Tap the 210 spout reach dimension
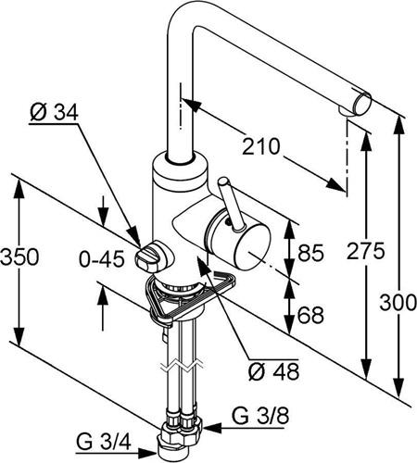pyautogui.click(x=260, y=146)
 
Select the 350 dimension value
pyautogui.click(x=19, y=257)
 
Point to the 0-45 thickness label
pyautogui.click(x=102, y=258)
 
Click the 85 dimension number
pyautogui.click(x=311, y=253)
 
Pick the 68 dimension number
pyautogui.click(x=310, y=315)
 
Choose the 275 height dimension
pyautogui.click(x=365, y=251)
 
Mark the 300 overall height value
pyautogui.click(x=398, y=303)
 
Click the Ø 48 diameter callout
pyautogui.click(x=273, y=370)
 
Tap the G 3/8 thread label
pyautogui.click(x=260, y=416)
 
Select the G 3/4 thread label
pyautogui.click(x=104, y=443)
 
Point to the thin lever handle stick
pyautogui.click(x=231, y=204)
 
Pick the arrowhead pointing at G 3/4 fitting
pyautogui.click(x=147, y=453)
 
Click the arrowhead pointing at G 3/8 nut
pyautogui.click(x=212, y=428)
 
